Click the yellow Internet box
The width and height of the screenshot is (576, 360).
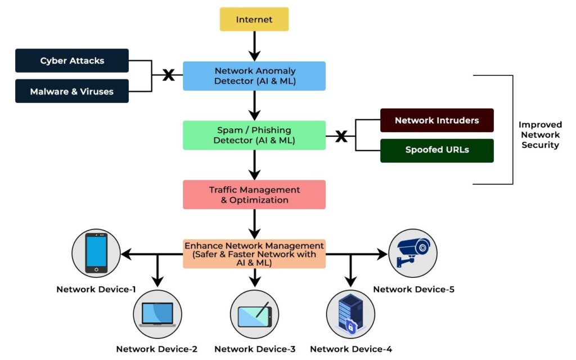click(x=254, y=19)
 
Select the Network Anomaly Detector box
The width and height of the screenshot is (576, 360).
click(x=254, y=76)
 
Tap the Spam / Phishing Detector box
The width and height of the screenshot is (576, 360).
click(x=254, y=135)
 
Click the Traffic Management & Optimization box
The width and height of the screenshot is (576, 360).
click(x=254, y=195)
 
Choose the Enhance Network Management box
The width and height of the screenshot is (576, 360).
click(x=254, y=254)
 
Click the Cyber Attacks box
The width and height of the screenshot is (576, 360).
click(x=72, y=61)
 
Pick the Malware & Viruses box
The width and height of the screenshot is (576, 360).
click(x=72, y=91)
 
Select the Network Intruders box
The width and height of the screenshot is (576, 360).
click(x=436, y=120)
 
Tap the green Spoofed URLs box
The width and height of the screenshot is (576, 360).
click(x=436, y=150)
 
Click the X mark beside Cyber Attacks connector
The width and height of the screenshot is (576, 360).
click(x=168, y=75)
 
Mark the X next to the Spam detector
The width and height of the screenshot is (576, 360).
click(x=341, y=136)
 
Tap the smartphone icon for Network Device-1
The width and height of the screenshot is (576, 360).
click(x=97, y=252)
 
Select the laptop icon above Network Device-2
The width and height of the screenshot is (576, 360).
click(x=157, y=314)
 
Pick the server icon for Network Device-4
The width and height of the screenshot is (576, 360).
click(x=350, y=313)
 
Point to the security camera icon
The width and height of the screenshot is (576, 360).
click(x=413, y=252)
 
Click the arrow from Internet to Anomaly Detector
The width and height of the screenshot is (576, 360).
click(x=254, y=46)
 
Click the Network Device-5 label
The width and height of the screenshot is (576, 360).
click(x=413, y=290)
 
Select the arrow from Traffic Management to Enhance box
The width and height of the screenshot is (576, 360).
click(x=254, y=224)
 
